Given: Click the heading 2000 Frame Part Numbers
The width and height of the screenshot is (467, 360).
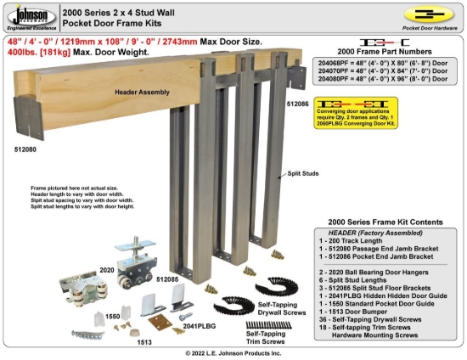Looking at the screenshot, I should (x=387, y=52).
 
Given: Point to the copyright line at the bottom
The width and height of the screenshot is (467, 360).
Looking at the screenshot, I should (x=233, y=352).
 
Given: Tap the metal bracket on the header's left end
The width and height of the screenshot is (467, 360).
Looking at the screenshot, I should (x=29, y=116).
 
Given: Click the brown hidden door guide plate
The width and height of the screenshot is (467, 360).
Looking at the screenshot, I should (x=158, y=320).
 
